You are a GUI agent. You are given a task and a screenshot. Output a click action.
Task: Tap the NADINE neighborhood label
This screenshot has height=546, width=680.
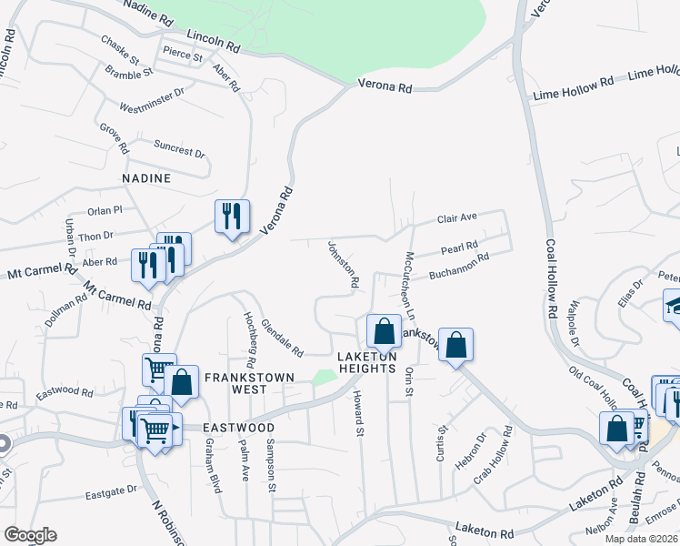(142, 178)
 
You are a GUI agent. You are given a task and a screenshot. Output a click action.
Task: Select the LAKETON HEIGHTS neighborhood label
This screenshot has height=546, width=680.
(367, 361)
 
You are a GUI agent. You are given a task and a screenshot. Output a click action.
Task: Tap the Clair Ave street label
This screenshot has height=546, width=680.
(457, 219)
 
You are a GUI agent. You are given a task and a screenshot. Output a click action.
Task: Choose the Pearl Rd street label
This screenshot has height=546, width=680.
(459, 248)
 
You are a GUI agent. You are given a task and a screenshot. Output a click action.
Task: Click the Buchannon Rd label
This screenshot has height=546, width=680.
(459, 264)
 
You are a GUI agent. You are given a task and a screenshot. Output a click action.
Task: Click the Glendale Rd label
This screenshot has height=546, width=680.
(281, 337)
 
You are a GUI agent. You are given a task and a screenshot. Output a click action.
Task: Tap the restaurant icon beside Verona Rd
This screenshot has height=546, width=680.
(232, 216)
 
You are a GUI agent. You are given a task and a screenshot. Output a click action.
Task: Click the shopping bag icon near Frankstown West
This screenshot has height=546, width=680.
(181, 382)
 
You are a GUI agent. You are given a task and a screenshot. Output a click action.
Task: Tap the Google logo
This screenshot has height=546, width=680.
(29, 535)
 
